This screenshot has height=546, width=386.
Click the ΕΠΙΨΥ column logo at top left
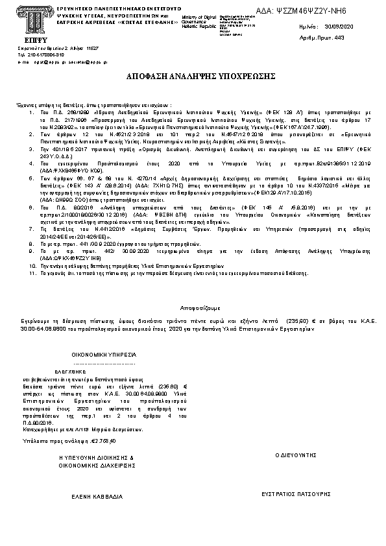[26, 18]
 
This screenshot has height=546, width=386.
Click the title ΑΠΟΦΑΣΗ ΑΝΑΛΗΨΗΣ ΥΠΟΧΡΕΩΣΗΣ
[192, 77]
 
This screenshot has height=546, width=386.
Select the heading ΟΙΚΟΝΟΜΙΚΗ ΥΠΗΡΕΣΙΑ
[104, 355]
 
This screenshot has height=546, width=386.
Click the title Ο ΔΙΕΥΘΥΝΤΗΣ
[295, 456]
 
